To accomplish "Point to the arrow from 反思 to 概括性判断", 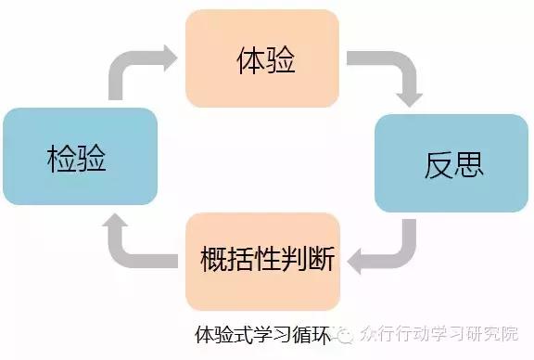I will (x=389, y=246).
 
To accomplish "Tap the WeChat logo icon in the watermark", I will (x=345, y=332).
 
